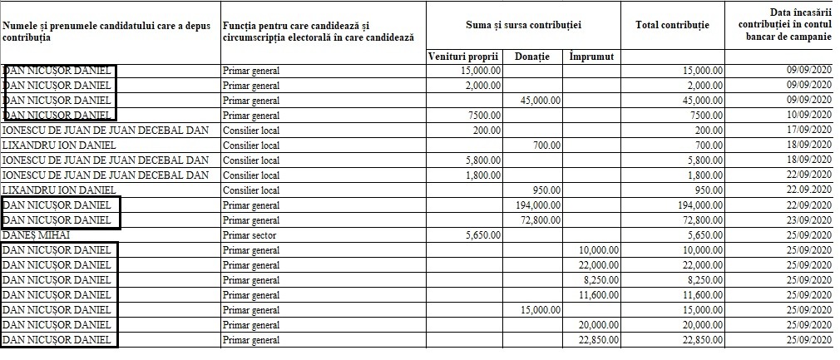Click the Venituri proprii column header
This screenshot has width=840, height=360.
[x=463, y=57]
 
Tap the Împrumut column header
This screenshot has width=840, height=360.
[x=591, y=57]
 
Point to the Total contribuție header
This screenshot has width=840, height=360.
[x=672, y=25]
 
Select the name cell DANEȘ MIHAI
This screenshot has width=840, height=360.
[x=36, y=235]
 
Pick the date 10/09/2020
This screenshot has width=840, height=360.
[x=809, y=115]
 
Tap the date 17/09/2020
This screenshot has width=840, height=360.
[x=809, y=131]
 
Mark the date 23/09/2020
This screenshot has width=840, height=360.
[x=809, y=220]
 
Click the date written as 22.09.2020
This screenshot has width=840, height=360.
[x=809, y=190]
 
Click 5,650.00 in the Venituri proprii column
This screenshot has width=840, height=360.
[x=482, y=235]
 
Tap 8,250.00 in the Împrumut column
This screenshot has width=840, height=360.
[x=601, y=280]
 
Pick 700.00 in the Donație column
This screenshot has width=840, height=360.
[x=546, y=145]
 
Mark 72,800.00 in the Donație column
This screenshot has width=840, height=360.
[x=540, y=220]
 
